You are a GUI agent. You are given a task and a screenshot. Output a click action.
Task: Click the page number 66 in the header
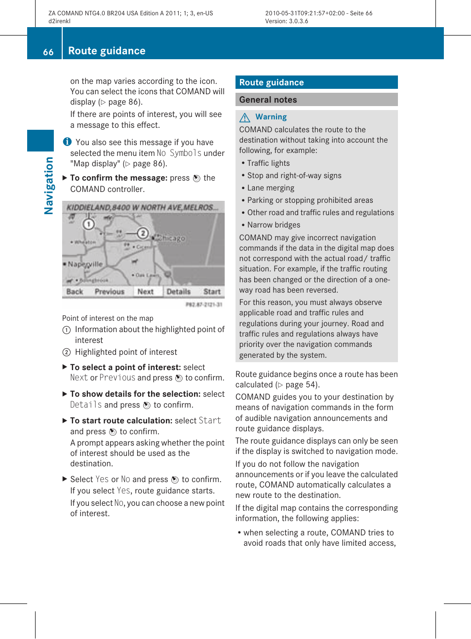point(48,52)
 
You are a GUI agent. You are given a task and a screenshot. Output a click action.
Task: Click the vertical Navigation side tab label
point(48,186)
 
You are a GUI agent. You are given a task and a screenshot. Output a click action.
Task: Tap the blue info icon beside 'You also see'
point(67,142)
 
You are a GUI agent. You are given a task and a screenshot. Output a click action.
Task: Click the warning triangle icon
point(245,117)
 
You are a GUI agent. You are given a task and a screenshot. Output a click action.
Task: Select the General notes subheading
point(268,100)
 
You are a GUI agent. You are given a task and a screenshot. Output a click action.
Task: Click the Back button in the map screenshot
point(75,292)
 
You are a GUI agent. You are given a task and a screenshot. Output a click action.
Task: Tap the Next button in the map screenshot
point(145,292)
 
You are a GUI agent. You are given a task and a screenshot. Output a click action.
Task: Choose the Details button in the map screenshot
point(178,292)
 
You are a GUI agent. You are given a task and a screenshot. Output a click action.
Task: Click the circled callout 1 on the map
point(88,225)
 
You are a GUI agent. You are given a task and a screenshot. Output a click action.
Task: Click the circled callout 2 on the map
point(142,233)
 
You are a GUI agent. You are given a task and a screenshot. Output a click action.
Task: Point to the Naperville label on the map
point(85,264)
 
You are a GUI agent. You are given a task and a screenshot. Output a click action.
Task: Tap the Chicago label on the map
point(171,238)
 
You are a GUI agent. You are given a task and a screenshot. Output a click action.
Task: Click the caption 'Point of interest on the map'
point(108,318)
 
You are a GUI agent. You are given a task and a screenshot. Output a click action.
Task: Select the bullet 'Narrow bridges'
point(274,225)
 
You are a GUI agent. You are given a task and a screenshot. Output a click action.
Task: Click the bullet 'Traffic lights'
point(268,163)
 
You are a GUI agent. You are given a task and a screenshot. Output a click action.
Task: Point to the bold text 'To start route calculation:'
point(121,420)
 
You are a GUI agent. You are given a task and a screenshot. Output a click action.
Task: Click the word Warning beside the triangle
point(271,117)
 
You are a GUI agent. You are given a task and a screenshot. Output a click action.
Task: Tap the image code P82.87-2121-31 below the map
point(203,304)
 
